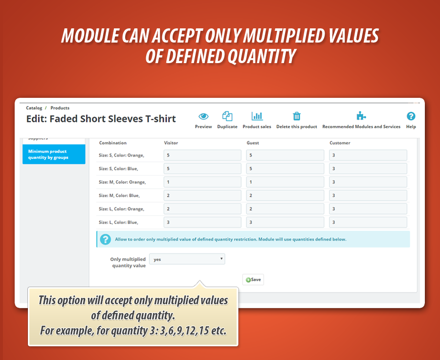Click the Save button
[253, 279]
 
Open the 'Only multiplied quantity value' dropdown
[187, 259]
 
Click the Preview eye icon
[203, 116]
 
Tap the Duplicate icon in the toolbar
[227, 116]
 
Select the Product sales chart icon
[257, 116]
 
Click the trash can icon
[297, 116]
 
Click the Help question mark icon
[411, 116]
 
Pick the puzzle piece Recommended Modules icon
[361, 116]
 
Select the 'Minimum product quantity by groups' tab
[54, 154]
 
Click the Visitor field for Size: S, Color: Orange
[202, 155]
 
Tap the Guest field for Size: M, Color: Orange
[285, 182]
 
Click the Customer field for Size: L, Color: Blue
[368, 222]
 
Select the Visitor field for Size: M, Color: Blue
[202, 196]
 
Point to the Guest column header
[253, 143]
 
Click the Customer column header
[340, 143]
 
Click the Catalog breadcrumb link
[34, 108]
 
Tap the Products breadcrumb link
[60, 108]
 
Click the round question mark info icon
[106, 239]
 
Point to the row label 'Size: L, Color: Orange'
[122, 209]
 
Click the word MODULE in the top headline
[90, 36]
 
